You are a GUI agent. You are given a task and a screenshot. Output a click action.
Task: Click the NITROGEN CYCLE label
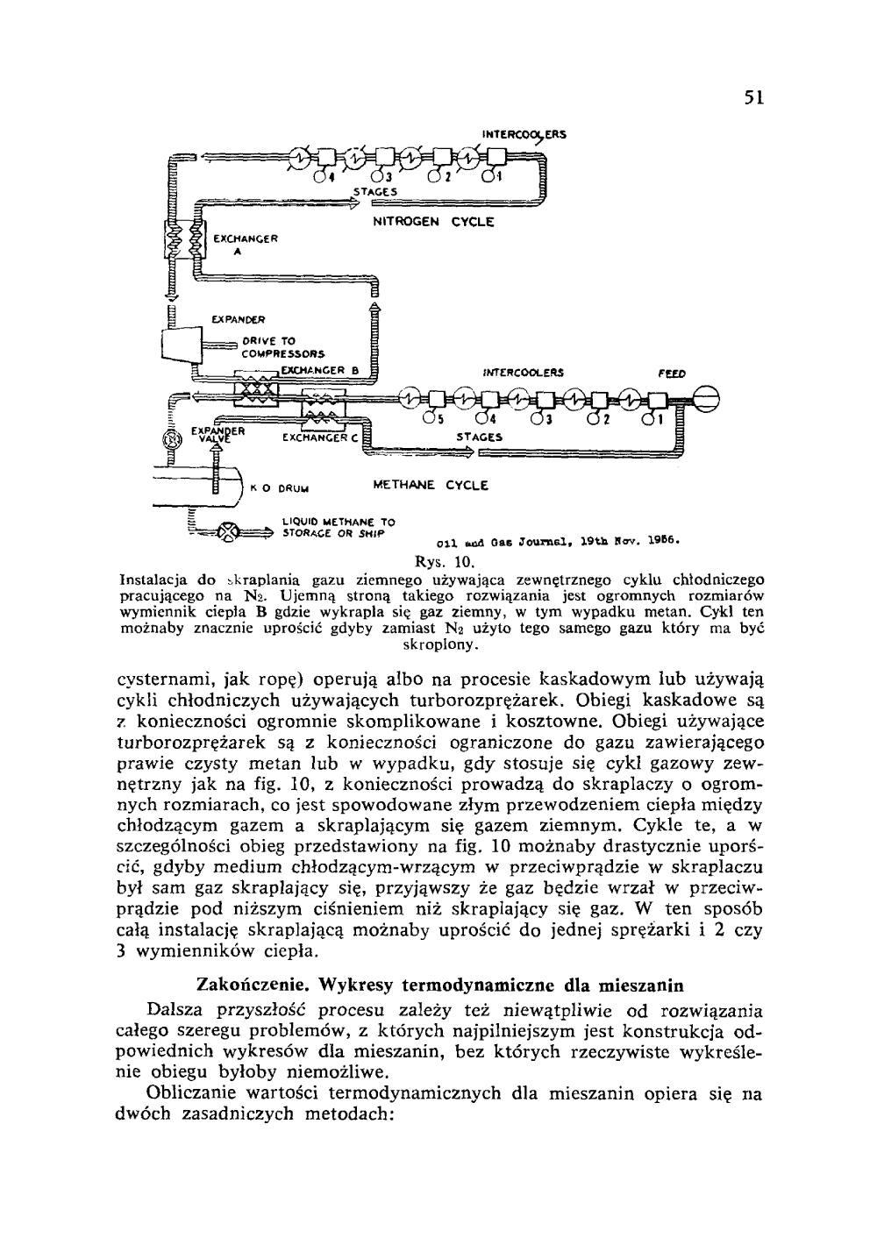click(433, 222)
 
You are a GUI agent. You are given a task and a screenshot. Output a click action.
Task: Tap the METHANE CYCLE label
click(431, 485)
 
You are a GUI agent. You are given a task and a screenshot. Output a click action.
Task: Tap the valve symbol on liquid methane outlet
click(228, 531)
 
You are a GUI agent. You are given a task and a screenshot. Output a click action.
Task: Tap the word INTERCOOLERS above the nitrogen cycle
click(524, 135)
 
